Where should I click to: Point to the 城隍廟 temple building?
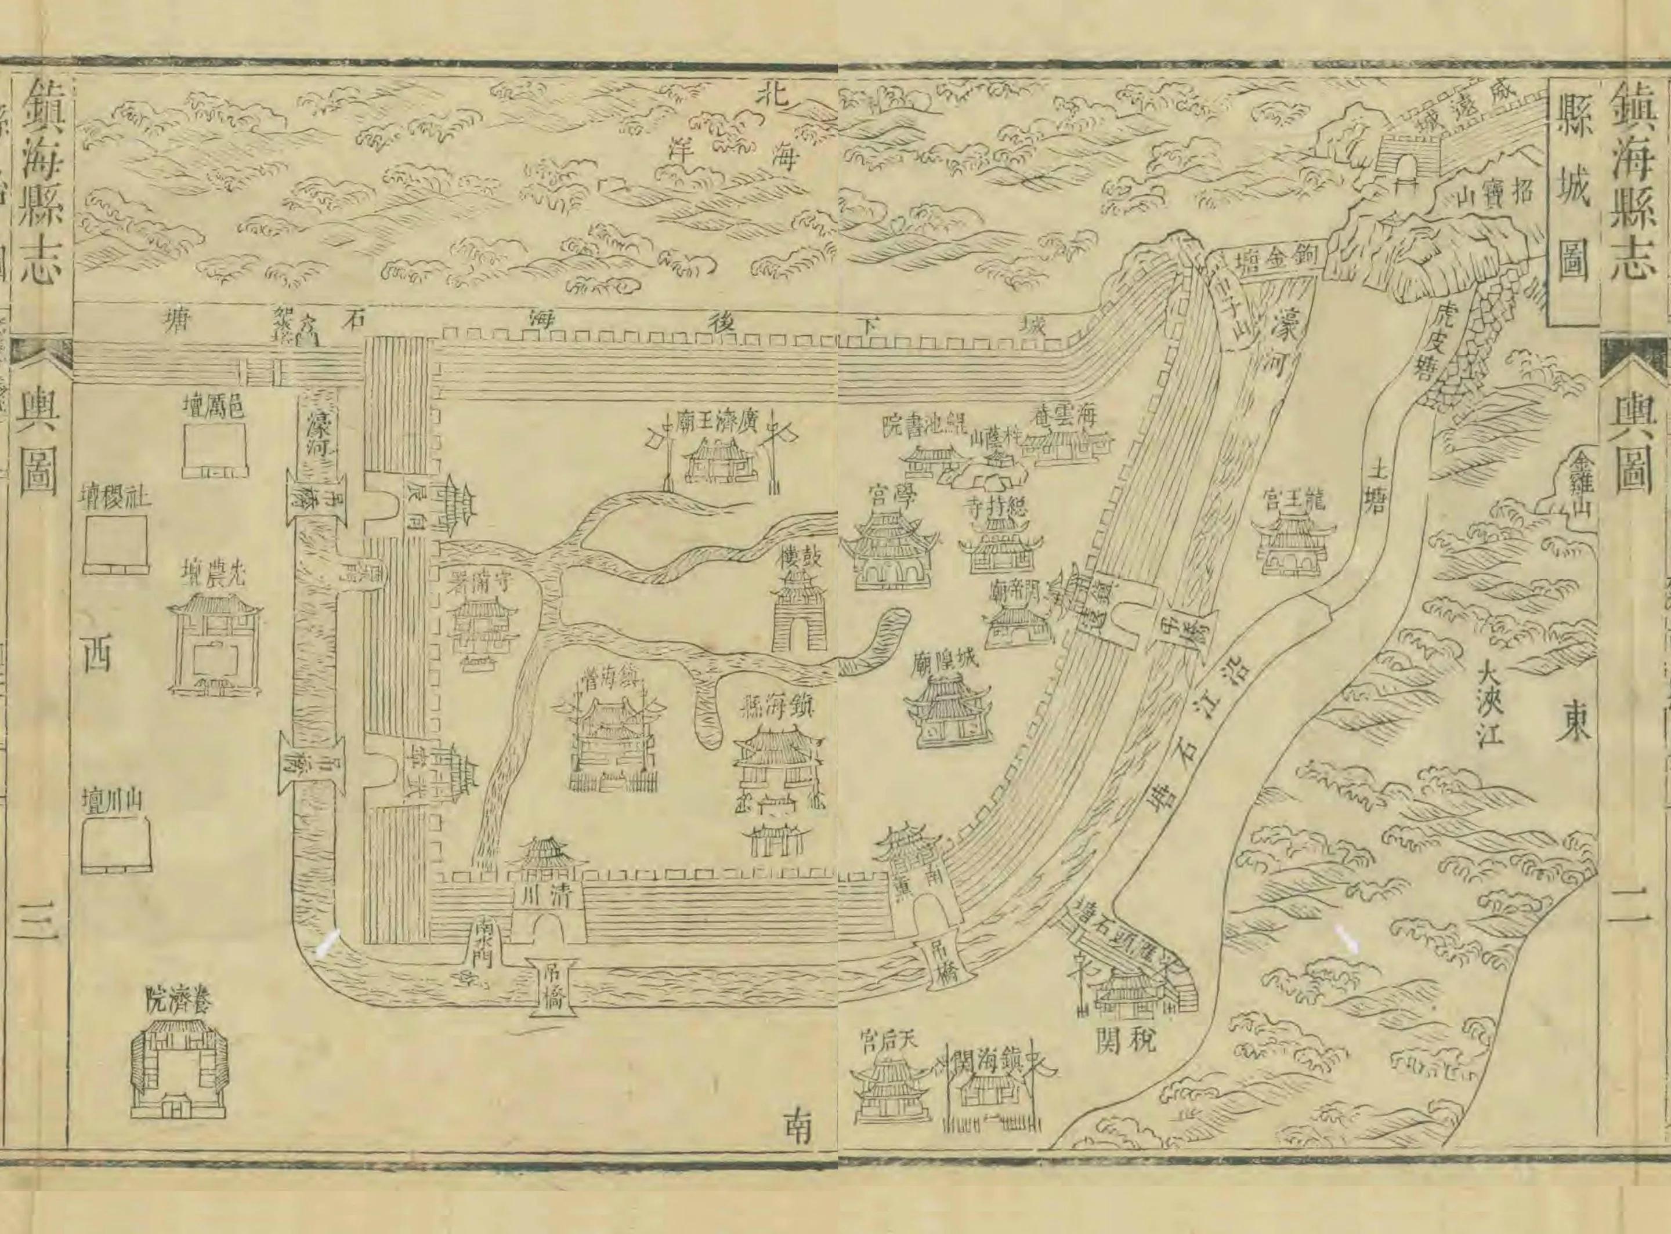[x=947, y=710]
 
